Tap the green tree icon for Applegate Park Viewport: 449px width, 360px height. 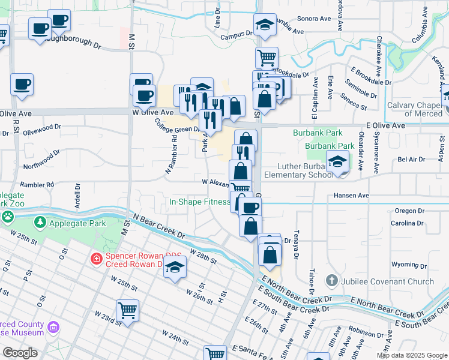[x=40, y=223]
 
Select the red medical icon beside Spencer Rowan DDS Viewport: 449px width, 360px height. [x=96, y=259]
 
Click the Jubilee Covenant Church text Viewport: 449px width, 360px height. [x=387, y=281]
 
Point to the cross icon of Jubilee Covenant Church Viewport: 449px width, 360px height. [x=331, y=280]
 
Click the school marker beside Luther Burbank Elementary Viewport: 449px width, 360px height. [x=338, y=163]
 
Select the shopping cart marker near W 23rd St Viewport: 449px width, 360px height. [x=127, y=310]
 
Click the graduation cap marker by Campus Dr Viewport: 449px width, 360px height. [x=265, y=25]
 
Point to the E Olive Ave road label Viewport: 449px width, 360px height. [x=385, y=125]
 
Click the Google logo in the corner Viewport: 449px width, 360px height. [x=20, y=353]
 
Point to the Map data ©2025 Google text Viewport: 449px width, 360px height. [x=411, y=355]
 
